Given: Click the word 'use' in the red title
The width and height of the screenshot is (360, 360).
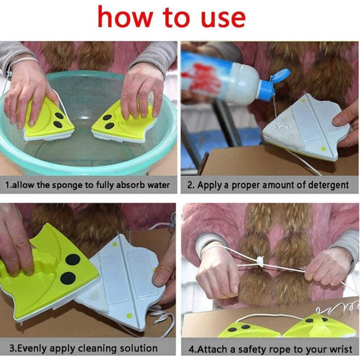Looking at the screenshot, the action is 223,19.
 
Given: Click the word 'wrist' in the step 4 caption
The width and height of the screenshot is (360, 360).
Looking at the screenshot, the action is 341,349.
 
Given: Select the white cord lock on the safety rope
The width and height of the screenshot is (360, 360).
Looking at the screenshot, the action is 260,261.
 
